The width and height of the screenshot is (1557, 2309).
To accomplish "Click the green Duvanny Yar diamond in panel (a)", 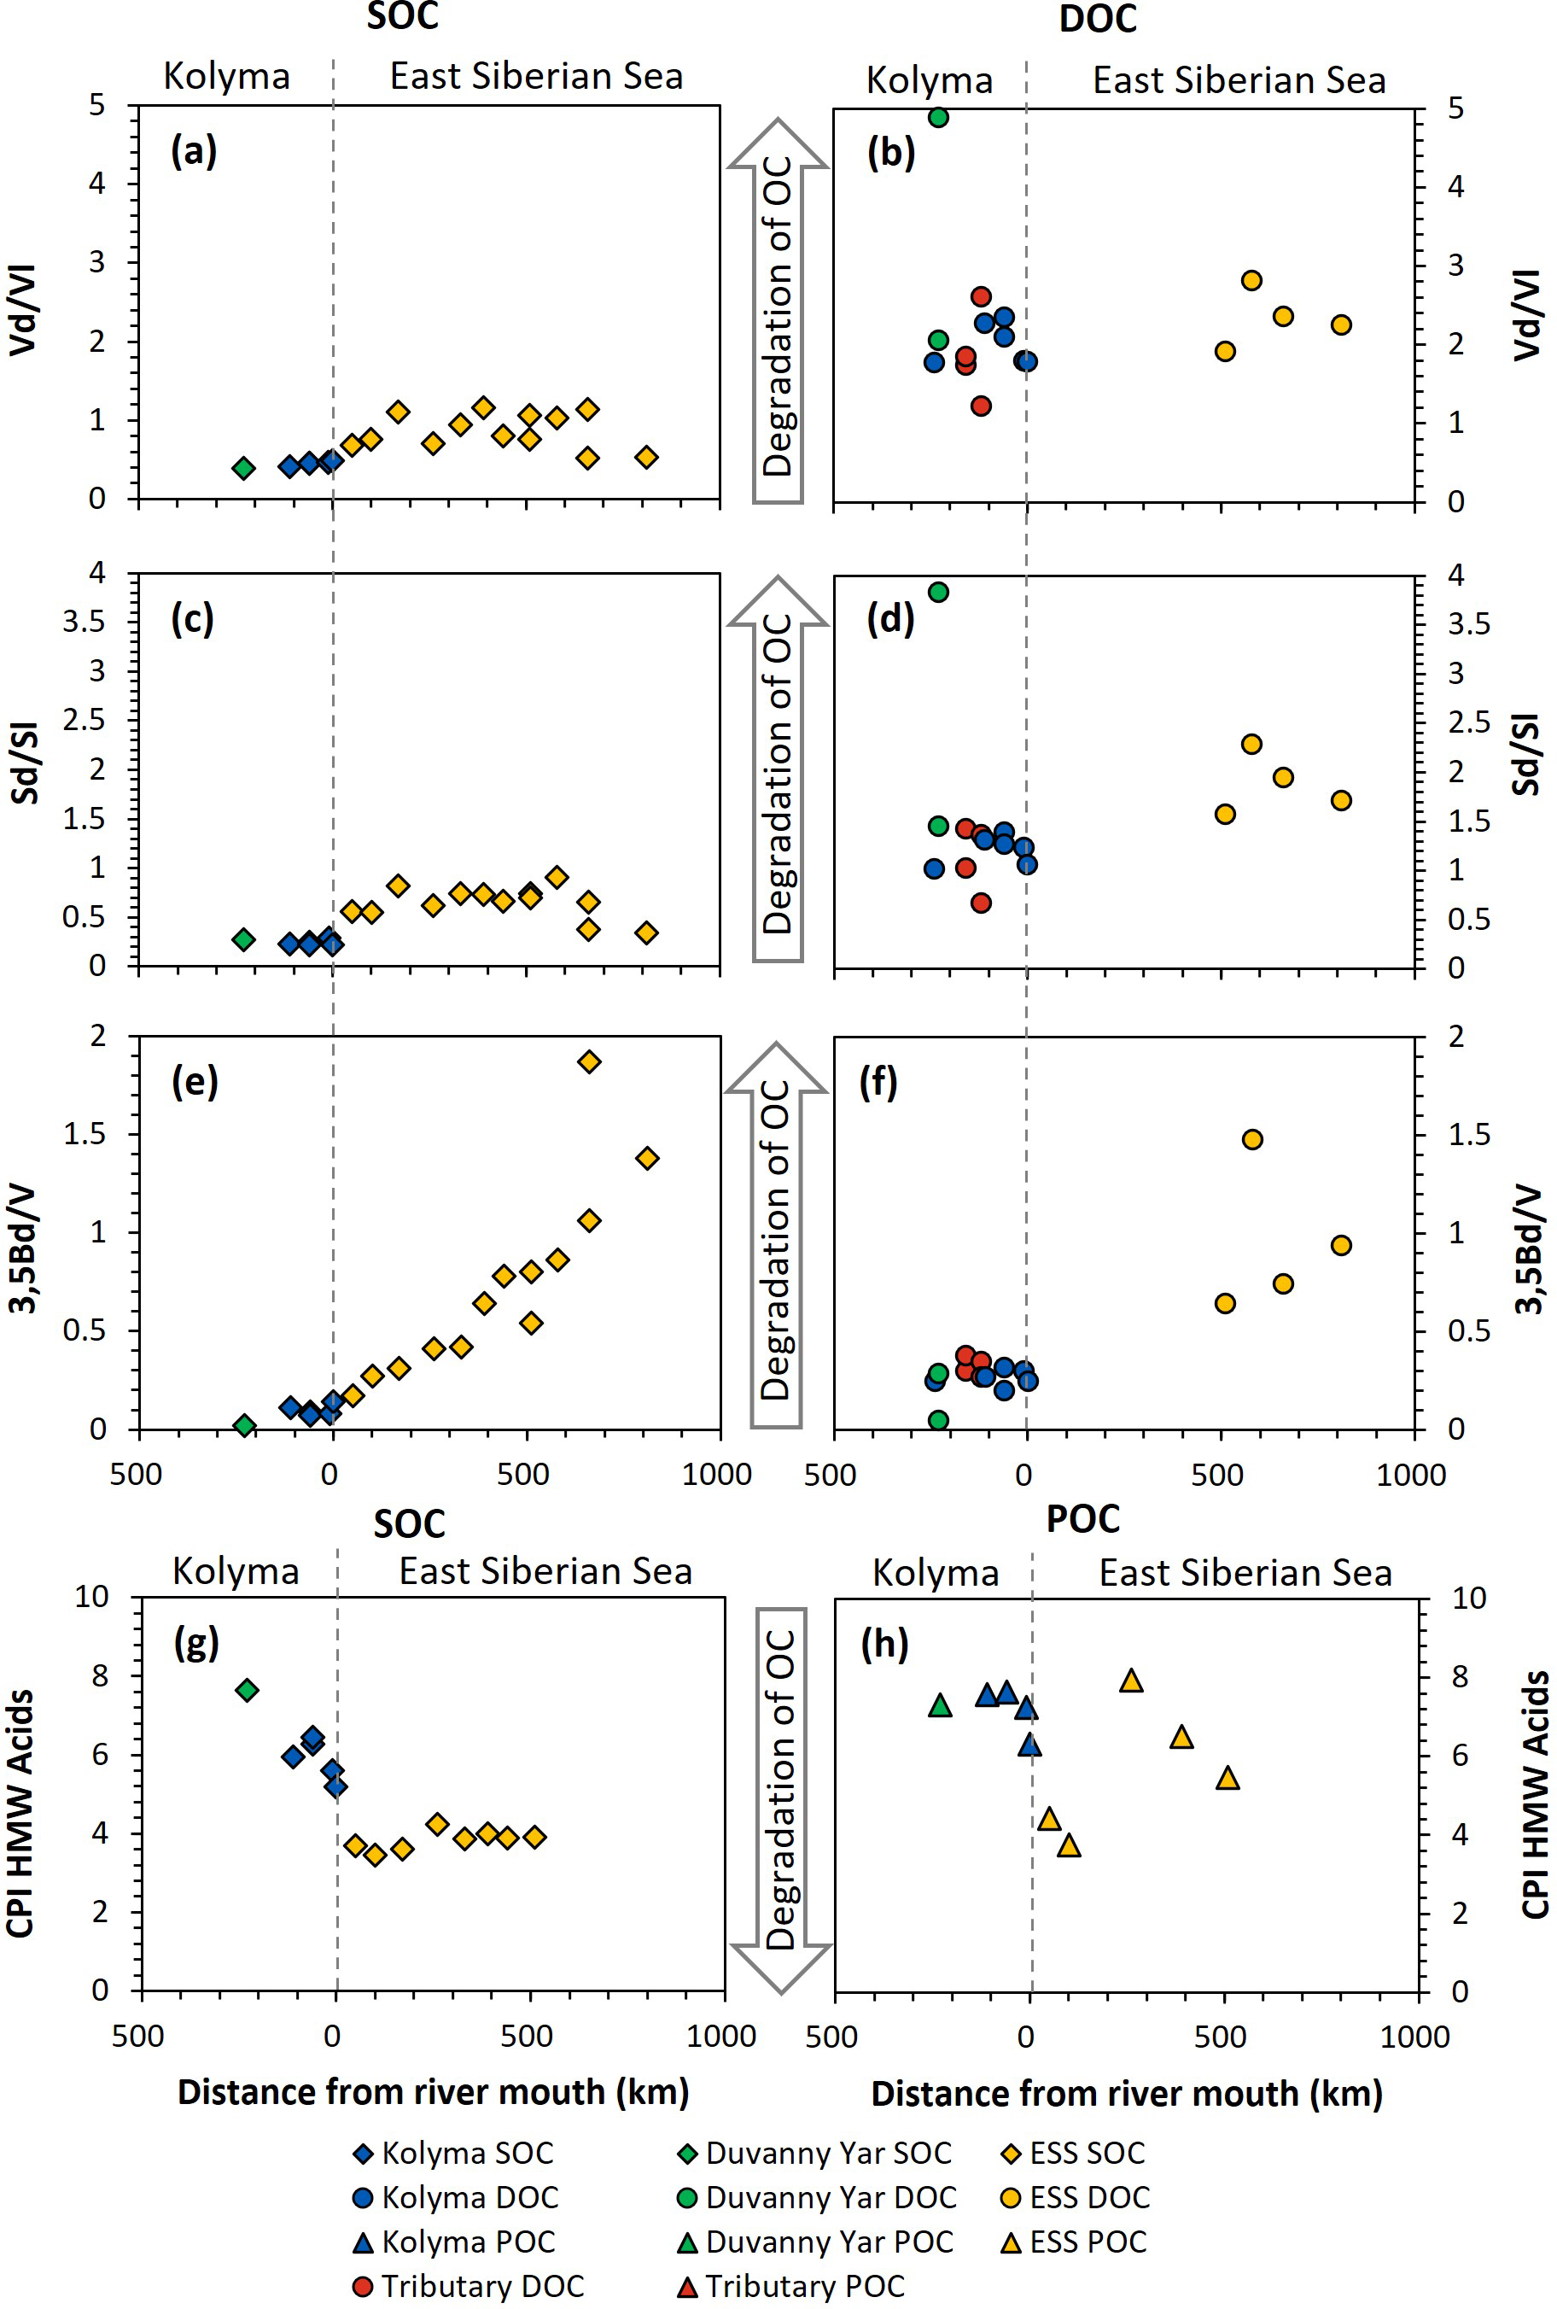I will click(x=243, y=468).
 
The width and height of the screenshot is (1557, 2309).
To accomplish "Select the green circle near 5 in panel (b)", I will click(x=937, y=117).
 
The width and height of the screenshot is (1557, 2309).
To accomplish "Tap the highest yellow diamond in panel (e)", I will click(x=589, y=1061).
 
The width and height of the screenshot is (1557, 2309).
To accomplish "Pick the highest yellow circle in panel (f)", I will click(x=1252, y=1139).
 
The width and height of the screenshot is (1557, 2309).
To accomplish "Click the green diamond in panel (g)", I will click(x=248, y=1689).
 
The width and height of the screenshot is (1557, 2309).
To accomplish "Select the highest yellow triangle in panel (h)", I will click(x=1131, y=1681).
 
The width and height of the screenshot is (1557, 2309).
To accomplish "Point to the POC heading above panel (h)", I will click(x=1082, y=1518).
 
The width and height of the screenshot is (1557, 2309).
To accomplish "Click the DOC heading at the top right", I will click(x=1097, y=19).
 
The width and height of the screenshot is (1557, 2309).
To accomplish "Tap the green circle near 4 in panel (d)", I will click(x=937, y=592).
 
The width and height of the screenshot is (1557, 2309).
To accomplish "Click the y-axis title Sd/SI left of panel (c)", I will click(x=25, y=762).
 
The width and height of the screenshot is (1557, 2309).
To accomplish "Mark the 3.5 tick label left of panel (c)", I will click(x=84, y=622).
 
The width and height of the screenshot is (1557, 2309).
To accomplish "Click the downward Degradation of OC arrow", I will click(x=780, y=1818).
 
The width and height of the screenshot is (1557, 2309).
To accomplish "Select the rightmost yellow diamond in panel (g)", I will click(x=534, y=1836).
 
